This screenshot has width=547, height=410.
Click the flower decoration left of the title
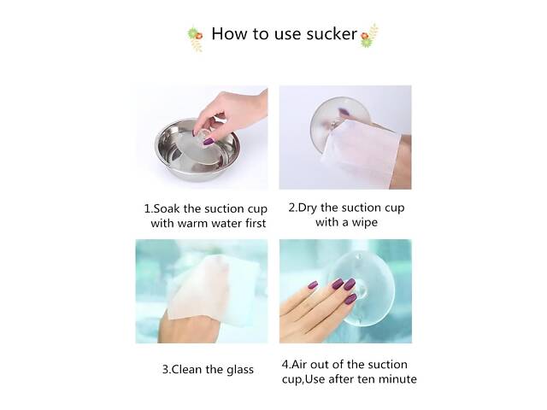(x=196, y=38)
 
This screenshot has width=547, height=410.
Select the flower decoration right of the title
(x=369, y=36)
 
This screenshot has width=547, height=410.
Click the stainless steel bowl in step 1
(x=197, y=150)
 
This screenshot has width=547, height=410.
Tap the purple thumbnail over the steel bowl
(x=209, y=142)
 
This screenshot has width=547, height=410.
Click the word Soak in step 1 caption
(x=168, y=208)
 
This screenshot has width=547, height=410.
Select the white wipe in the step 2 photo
(x=361, y=148)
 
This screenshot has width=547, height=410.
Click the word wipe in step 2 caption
(x=364, y=223)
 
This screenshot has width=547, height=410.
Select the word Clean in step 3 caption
(x=187, y=370)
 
